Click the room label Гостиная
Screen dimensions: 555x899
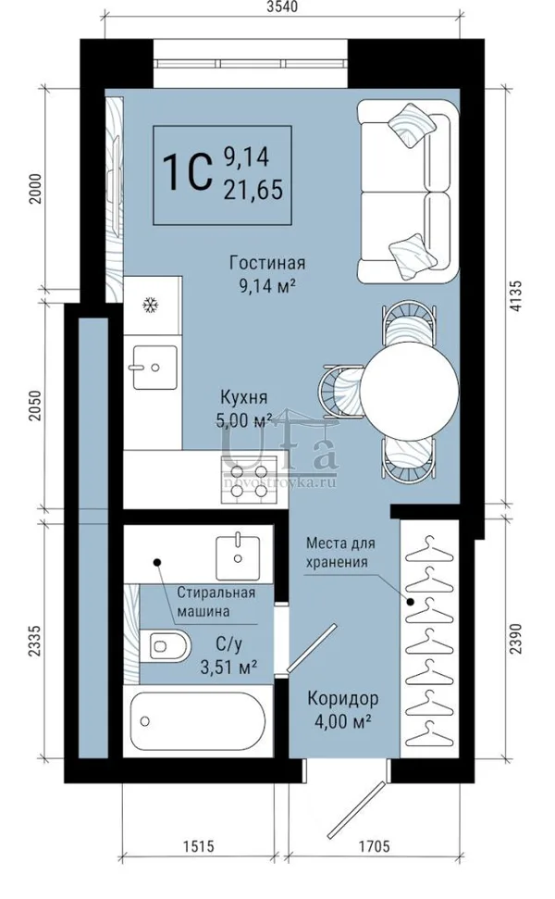267,263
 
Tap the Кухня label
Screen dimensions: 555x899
244,397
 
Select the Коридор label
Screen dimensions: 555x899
342,699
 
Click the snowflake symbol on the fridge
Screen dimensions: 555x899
150,305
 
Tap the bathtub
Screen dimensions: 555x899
198,721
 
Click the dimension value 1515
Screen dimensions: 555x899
198,845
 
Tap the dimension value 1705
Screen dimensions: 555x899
375,845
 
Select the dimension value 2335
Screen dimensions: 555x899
35,642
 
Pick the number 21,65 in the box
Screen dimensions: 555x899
253,189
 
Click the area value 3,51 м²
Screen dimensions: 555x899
228,667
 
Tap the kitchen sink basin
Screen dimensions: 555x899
154,367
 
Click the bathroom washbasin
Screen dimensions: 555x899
237,556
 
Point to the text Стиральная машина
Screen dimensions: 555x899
216,602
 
